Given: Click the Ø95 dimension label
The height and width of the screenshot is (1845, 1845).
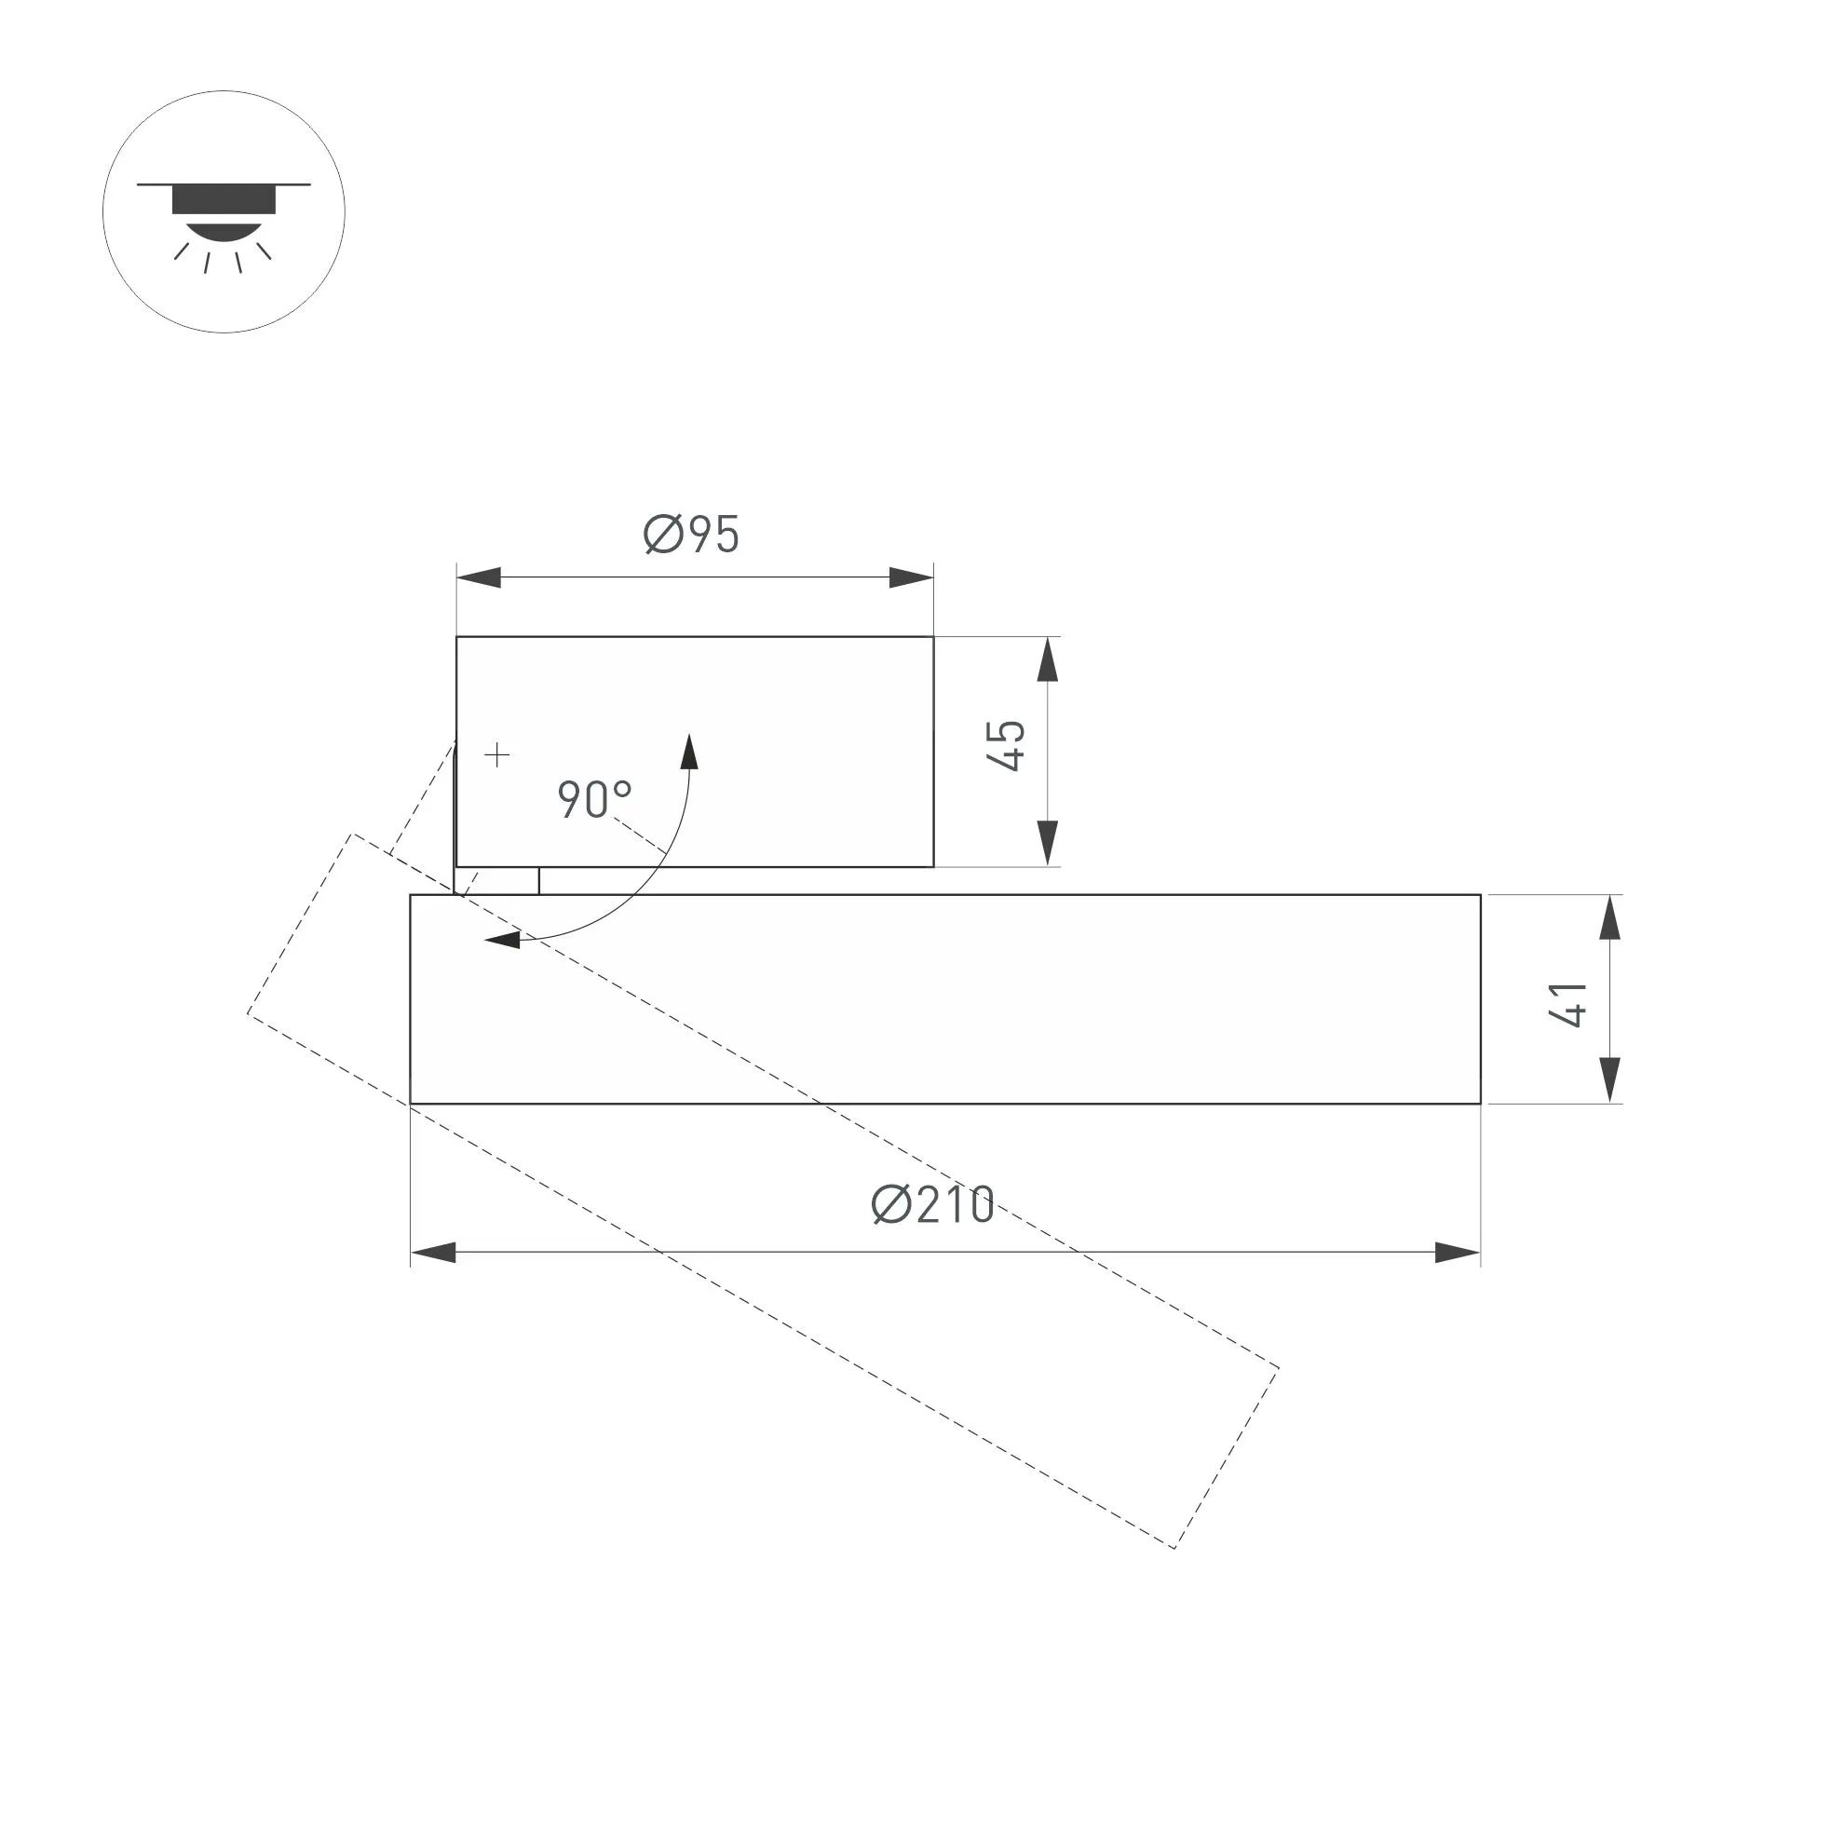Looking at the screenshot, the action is coord(692,534).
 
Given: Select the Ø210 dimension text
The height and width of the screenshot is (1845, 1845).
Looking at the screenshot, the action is coord(933,1204).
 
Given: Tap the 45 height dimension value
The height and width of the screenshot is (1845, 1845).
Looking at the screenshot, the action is coord(1008,746).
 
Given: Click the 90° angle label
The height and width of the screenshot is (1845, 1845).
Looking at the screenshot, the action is coord(594,799).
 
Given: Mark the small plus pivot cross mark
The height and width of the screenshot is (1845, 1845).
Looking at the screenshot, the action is coord(496,756).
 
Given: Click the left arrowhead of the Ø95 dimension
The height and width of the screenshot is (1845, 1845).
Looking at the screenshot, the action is coord(479,577).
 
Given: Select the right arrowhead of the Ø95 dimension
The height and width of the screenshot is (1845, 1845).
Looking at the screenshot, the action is coord(911,577).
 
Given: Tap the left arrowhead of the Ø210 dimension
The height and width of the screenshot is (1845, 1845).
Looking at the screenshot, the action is coord(432,1253).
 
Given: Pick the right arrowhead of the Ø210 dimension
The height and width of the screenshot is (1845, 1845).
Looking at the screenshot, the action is coord(1458,1253).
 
